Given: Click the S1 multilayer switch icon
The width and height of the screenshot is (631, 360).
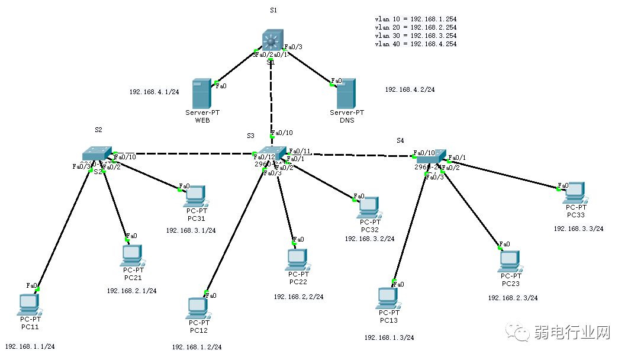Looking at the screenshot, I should pos(271,41).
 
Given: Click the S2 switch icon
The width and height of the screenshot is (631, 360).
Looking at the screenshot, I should pos(96,153).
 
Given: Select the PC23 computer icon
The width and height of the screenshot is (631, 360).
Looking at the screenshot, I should pos(510,260).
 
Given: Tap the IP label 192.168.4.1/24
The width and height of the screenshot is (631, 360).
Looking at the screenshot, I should pos(154,92).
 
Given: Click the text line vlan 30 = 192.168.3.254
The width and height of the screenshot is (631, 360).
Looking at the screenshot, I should pos(416,36).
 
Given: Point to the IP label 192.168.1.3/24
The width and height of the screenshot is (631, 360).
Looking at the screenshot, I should pos(389,337).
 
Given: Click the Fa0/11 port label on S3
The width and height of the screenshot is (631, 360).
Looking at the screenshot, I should pos(299,151).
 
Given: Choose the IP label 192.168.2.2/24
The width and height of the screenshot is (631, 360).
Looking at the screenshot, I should pos(298,297).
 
